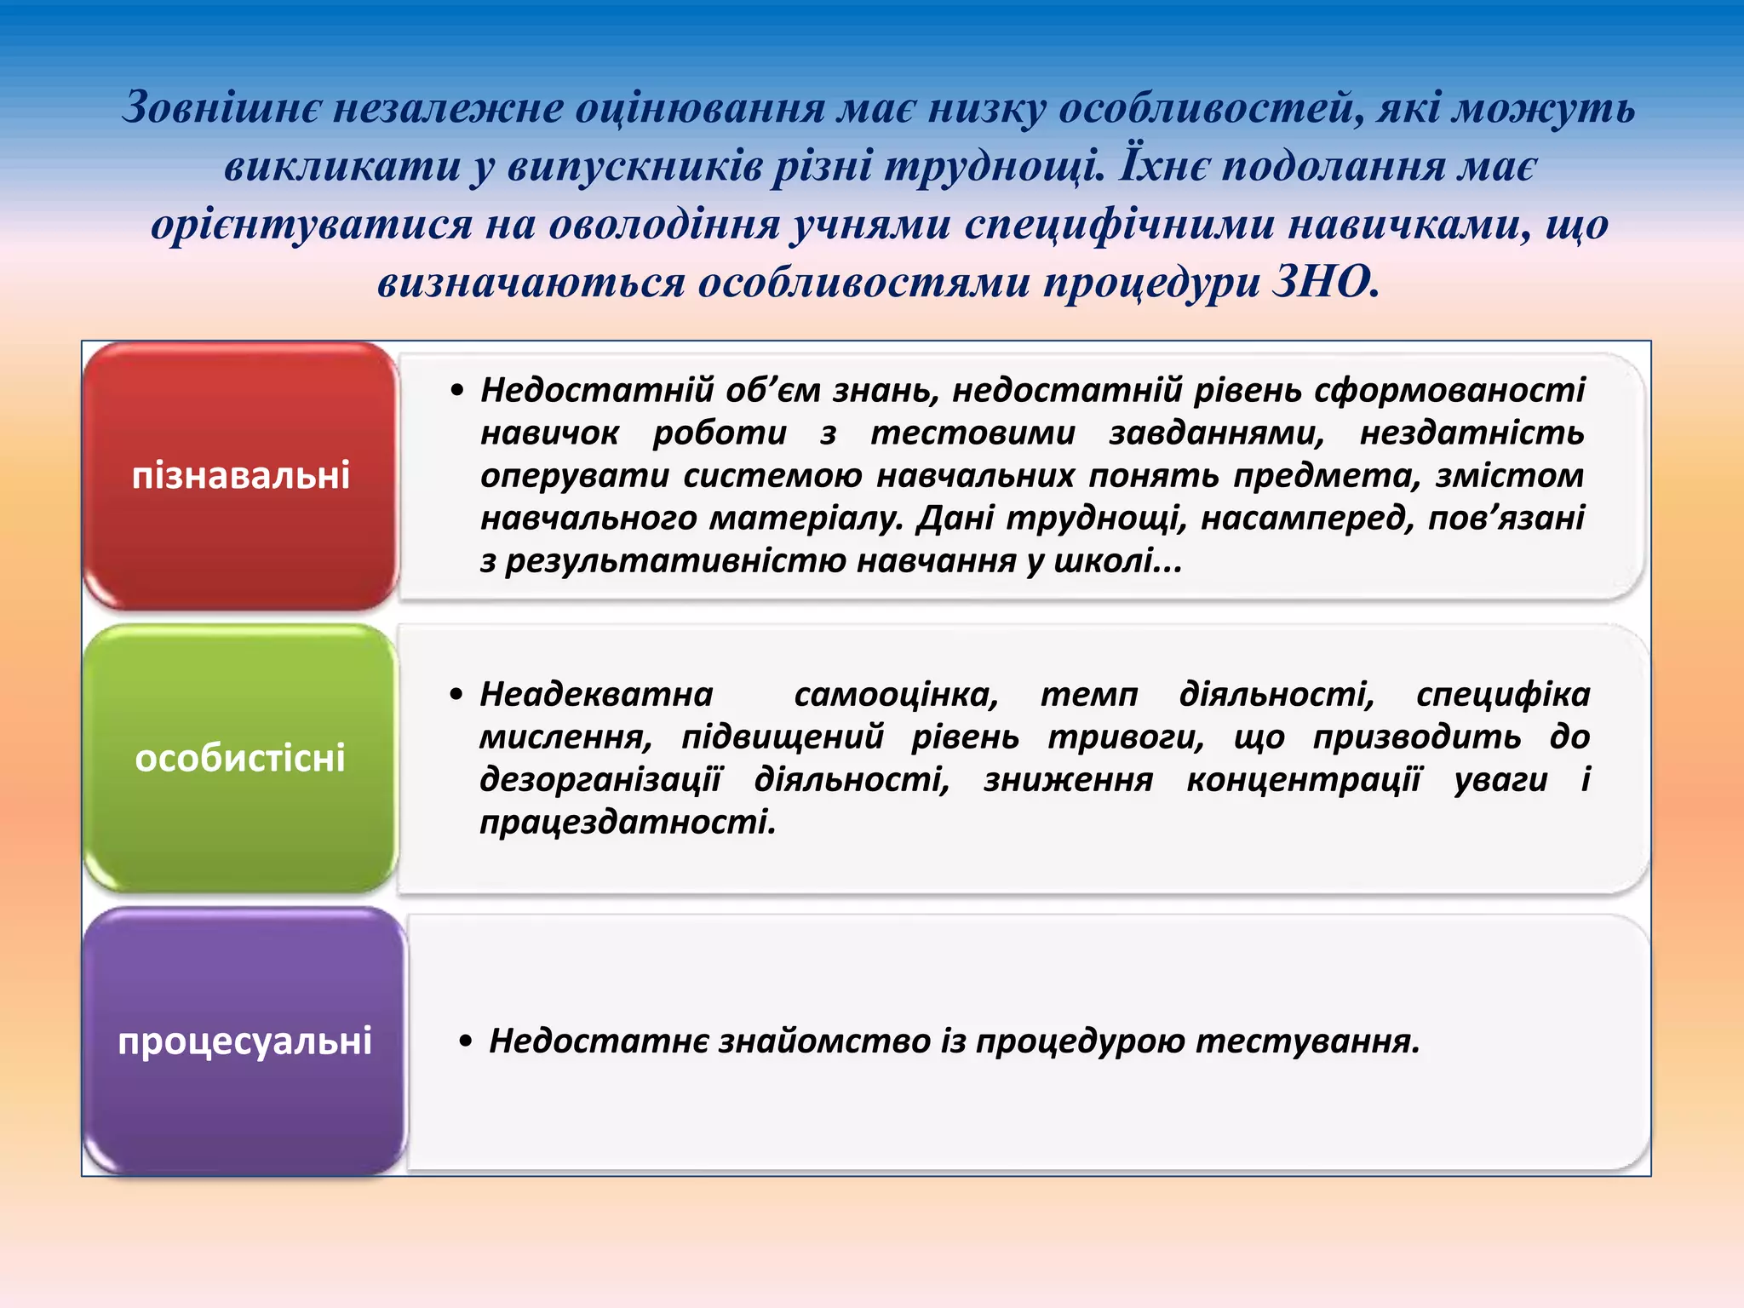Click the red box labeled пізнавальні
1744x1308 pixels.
tap(241, 475)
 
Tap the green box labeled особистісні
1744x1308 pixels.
tap(241, 758)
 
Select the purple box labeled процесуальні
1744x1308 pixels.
tap(244, 1041)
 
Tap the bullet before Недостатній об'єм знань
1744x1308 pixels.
tap(458, 391)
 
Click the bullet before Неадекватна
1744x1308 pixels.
tap(457, 695)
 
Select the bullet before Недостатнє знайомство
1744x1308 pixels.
tap(465, 1041)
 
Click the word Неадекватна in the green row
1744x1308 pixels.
tap(596, 695)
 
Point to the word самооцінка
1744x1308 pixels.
tap(896, 695)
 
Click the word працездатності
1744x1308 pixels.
tap(628, 823)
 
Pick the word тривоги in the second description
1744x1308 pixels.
tap(1125, 737)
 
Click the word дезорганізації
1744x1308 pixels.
tap(600, 780)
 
